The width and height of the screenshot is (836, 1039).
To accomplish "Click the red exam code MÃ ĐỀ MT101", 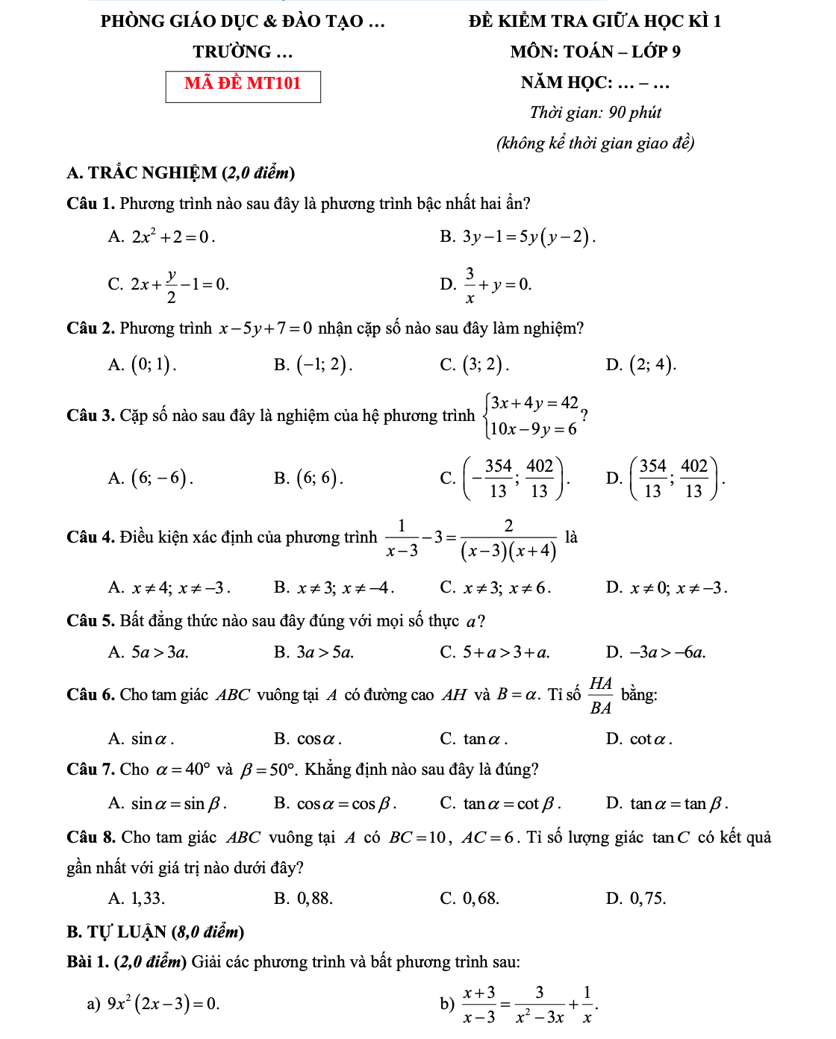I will click(243, 84).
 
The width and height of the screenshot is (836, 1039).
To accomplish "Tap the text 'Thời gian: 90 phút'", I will click(595, 113).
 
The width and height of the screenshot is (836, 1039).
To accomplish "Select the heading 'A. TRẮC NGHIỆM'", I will click(181, 173).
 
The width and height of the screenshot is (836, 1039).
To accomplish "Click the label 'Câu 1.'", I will click(91, 204).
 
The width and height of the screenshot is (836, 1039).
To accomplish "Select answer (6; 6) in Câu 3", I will click(319, 478).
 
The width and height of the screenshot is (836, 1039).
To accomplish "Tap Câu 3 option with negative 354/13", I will click(517, 478).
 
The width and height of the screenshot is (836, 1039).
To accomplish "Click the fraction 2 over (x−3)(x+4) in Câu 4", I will click(508, 538).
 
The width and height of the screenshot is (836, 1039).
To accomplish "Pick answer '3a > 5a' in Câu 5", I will click(325, 653).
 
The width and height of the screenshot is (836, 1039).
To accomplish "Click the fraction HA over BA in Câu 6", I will click(600, 696).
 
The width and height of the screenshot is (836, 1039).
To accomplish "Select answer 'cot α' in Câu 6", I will click(650, 740).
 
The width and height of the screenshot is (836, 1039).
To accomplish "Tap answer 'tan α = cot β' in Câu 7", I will click(511, 804).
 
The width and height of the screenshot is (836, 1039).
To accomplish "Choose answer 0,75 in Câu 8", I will click(647, 899).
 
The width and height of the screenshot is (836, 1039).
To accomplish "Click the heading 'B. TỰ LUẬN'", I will click(155, 932).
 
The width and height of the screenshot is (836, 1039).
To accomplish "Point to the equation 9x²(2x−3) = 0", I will click(163, 1004).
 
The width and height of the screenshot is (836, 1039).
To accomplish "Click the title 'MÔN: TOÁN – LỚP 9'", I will click(595, 52).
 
